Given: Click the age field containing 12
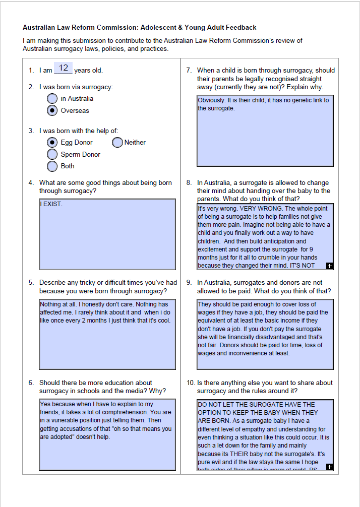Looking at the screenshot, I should [x=64, y=68].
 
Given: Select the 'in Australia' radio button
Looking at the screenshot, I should [x=52, y=98].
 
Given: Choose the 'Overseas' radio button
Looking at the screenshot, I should [x=52, y=110].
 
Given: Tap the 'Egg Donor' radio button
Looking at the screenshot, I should [x=52, y=143].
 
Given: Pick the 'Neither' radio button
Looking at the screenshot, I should [x=117, y=143].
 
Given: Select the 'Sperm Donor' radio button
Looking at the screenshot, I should [x=52, y=154].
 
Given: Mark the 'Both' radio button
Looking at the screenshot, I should [x=52, y=166].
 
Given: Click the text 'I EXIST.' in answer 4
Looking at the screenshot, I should [x=51, y=205].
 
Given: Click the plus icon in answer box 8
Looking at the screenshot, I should [x=329, y=266].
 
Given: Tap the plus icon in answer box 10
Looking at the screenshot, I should [x=329, y=467].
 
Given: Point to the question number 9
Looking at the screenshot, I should [x=189, y=283].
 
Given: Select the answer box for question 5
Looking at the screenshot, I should [x=107, y=335].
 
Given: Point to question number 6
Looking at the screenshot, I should [x=31, y=383].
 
